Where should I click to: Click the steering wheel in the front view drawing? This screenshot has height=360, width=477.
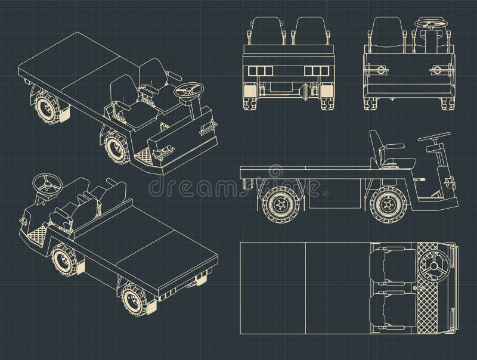tap(430, 24)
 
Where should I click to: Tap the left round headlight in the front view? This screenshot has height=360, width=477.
tap(377, 70)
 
